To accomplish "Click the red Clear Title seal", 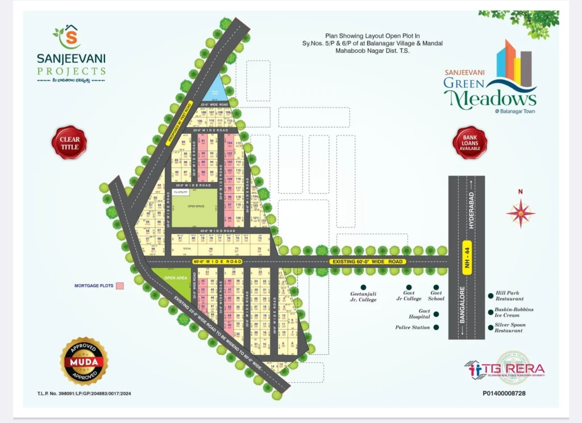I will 69,142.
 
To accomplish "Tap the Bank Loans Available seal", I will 469,142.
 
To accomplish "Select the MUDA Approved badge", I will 84,361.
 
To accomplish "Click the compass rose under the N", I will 521,214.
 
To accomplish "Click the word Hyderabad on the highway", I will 471,210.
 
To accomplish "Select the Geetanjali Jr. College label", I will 363,297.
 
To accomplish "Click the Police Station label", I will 413,327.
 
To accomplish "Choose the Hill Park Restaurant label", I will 509,296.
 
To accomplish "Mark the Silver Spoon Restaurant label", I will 510,327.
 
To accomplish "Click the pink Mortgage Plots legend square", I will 119,285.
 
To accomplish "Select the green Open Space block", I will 195,207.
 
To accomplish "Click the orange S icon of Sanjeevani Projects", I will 70,39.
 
